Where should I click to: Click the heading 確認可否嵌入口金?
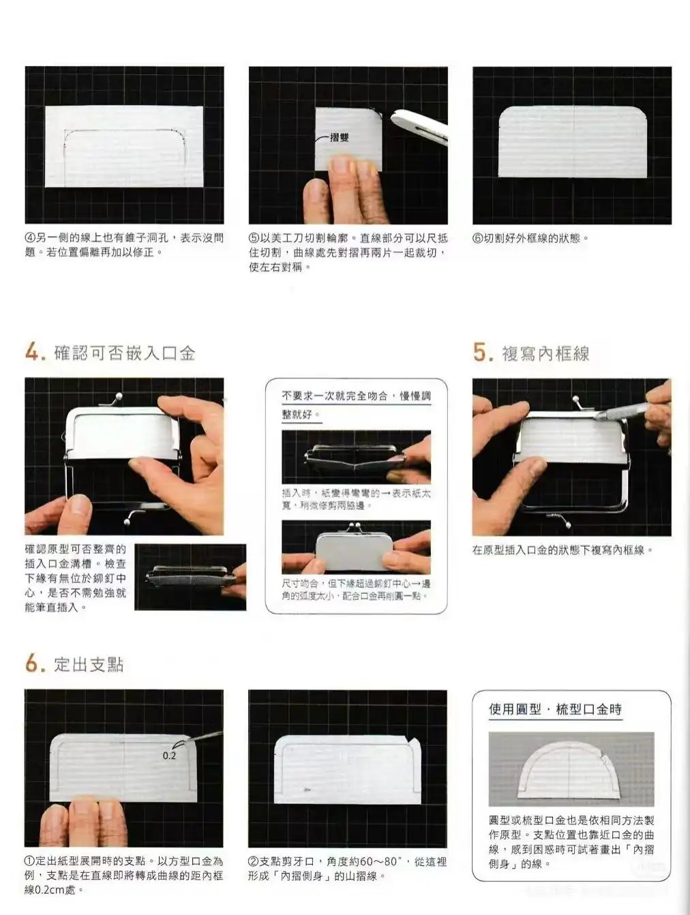(x=125, y=353)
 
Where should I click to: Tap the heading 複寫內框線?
(x=545, y=353)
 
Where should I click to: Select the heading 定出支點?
(x=89, y=664)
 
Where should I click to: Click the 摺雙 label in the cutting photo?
(x=339, y=137)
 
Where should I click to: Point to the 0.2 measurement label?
(x=169, y=755)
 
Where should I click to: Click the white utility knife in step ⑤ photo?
(x=419, y=125)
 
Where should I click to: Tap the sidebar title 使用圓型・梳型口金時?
(x=555, y=709)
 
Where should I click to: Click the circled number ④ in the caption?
(x=30, y=238)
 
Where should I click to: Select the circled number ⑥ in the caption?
(x=478, y=238)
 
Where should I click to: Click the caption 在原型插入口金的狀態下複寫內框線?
(x=562, y=550)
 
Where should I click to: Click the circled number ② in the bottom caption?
(x=254, y=862)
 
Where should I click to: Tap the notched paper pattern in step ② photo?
(x=346, y=768)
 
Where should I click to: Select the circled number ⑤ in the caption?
(x=254, y=238)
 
